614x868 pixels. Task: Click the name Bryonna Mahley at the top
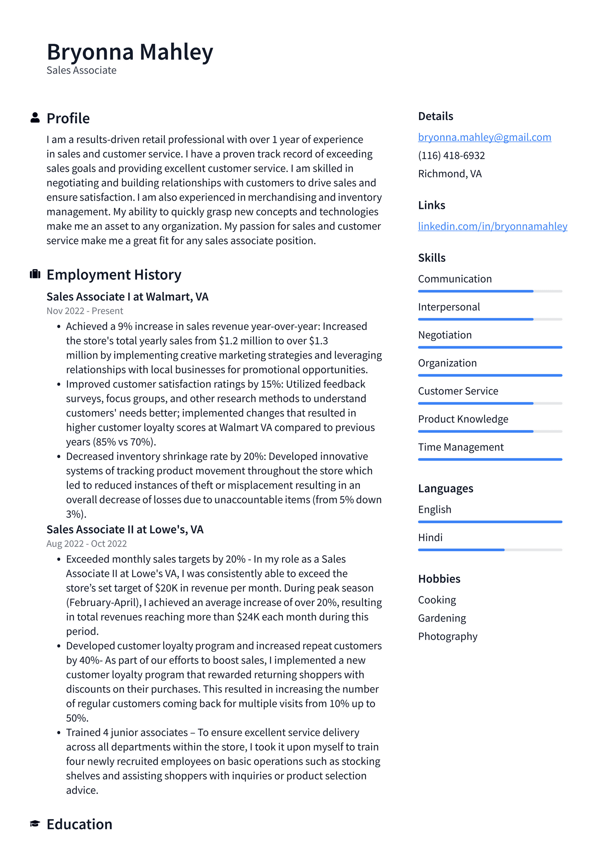pos(130,52)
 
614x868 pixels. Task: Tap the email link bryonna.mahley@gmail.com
pos(484,137)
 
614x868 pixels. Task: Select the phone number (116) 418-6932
pos(451,155)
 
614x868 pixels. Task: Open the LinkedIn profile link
pos(492,226)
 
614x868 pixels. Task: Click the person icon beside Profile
pos(35,117)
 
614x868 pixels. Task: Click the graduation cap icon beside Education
pos(35,823)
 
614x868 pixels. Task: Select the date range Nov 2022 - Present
pos(84,311)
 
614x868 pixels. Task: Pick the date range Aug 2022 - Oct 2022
pos(86,544)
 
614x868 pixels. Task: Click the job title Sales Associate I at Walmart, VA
pos(127,297)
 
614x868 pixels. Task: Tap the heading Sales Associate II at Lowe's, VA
pos(125,529)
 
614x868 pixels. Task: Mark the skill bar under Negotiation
pos(490,347)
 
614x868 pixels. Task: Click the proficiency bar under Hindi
pos(490,550)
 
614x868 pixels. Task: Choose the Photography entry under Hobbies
pos(447,636)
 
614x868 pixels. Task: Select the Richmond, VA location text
pos(450,174)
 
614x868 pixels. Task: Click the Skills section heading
pos(431,258)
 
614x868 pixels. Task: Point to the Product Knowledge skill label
pos(463,419)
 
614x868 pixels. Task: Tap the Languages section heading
pos(445,488)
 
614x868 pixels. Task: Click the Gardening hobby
pos(442,618)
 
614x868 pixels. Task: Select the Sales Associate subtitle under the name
pos(81,70)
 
